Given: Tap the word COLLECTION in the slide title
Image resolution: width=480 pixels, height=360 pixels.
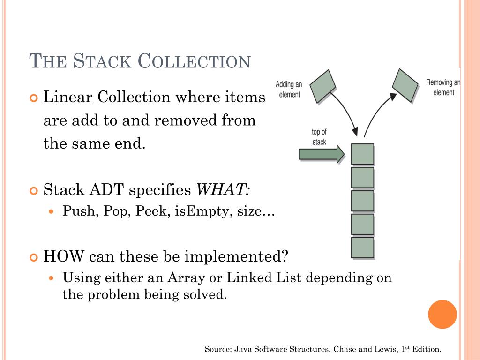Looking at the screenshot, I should (195, 61).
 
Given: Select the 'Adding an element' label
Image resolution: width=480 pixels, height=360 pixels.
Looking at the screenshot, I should (289, 89).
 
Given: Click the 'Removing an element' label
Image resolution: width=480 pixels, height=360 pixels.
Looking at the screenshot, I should (443, 88).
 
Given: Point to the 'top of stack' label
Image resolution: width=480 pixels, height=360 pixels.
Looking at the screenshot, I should (319, 136).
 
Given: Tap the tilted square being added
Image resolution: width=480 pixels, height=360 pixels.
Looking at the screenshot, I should (323, 86).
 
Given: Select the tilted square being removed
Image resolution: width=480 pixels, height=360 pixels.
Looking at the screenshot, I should (405, 85).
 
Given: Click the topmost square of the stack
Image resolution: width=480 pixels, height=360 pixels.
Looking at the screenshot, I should (362, 154).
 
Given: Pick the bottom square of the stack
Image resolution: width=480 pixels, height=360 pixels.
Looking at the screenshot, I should (362, 247).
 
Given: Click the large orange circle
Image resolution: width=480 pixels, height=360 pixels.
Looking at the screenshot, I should (442, 314).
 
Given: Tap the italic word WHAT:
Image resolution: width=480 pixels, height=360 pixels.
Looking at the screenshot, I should (223, 190).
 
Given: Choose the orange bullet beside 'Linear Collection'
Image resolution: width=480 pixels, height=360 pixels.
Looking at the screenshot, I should (33, 98).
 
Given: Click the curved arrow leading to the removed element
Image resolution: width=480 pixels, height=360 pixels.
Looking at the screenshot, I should (376, 112).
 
